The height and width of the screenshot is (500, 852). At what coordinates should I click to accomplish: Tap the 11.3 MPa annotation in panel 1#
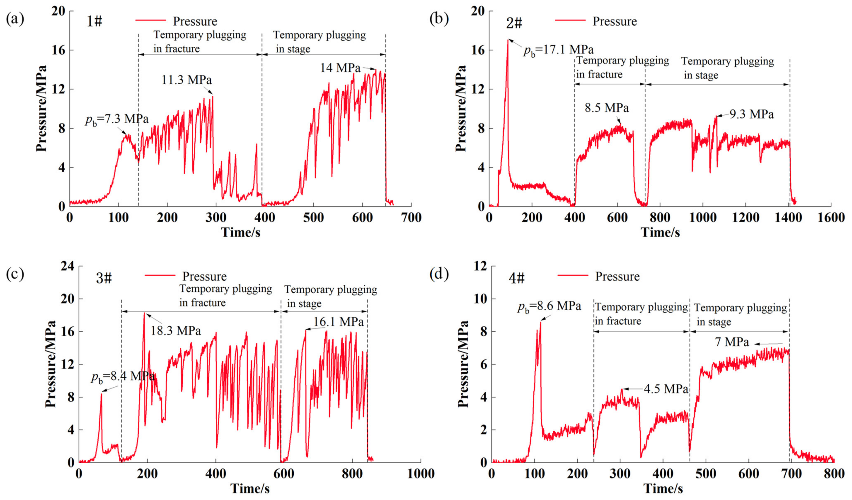pyautogui.click(x=187, y=80)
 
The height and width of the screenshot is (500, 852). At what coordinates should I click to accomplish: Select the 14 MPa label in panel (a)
pyautogui.click(x=340, y=68)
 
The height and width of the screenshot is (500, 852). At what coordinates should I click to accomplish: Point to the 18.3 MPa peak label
pyautogui.click(x=175, y=330)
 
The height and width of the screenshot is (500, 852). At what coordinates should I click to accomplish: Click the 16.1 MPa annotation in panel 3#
pyautogui.click(x=338, y=322)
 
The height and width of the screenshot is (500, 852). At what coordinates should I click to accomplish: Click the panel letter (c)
pyautogui.click(x=15, y=274)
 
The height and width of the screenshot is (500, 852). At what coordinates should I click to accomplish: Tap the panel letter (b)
pyautogui.click(x=439, y=19)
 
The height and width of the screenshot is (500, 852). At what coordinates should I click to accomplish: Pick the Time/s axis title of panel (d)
pyautogui.click(x=663, y=489)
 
